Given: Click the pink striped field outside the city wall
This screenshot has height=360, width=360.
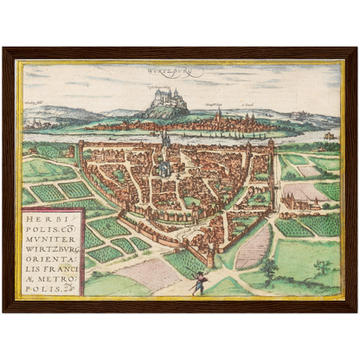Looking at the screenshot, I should (252, 245).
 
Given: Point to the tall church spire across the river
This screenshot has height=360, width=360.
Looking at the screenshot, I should (217, 116).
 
